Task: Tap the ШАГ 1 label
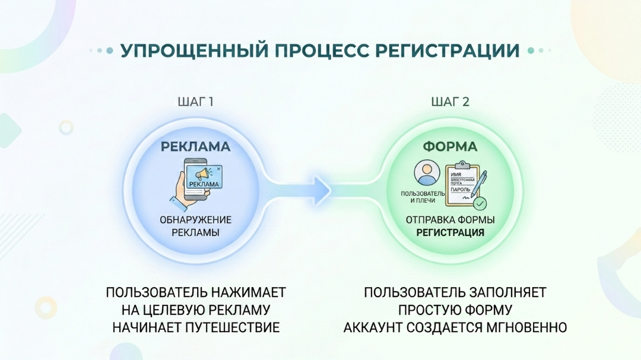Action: tap(195, 101)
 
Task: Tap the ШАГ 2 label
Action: tap(450, 101)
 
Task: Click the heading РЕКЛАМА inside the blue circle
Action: tap(195, 146)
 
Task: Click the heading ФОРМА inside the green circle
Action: tap(450, 146)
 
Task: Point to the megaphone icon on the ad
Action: tap(202, 174)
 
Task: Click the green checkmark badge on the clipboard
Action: tap(480, 203)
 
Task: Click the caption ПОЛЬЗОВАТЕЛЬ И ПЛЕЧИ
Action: tap(422, 197)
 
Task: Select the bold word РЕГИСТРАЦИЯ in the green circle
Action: tap(450, 232)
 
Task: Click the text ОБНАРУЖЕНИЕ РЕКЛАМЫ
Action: tap(195, 226)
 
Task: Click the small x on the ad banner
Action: tap(219, 169)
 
